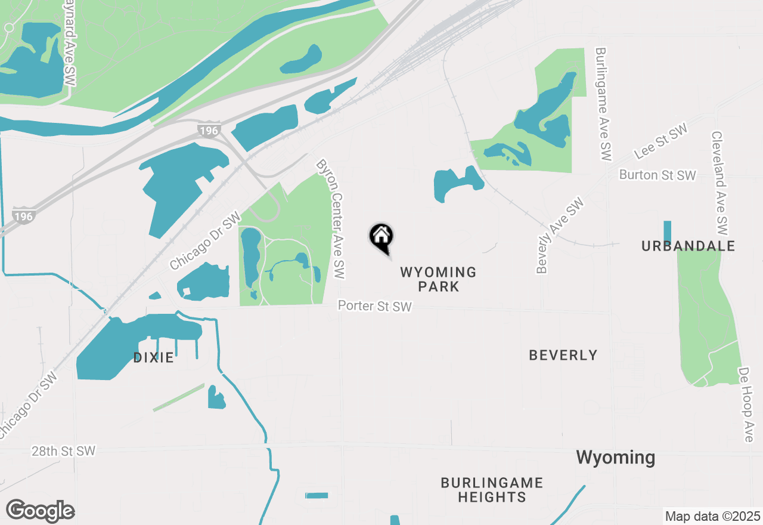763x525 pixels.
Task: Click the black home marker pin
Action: (381, 237)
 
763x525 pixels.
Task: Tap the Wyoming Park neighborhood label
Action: (438, 279)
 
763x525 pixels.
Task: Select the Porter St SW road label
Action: (374, 306)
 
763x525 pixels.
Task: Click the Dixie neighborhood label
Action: (153, 358)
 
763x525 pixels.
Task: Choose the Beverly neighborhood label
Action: (563, 356)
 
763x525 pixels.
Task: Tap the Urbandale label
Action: (688, 246)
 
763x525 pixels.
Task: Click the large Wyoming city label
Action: (615, 458)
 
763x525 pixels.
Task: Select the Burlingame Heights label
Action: (492, 490)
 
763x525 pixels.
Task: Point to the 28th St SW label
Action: (63, 451)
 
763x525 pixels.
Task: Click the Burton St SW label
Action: (657, 175)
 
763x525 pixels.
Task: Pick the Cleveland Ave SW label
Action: (719, 183)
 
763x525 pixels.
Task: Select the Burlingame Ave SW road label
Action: (603, 104)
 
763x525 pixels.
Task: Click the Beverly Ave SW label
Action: (559, 236)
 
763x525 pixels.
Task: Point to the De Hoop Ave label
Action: (745, 404)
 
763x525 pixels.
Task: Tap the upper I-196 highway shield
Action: (209, 129)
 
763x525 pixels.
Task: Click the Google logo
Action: (41, 511)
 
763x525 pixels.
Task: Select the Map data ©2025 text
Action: (712, 516)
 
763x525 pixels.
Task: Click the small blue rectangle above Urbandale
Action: (667, 232)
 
